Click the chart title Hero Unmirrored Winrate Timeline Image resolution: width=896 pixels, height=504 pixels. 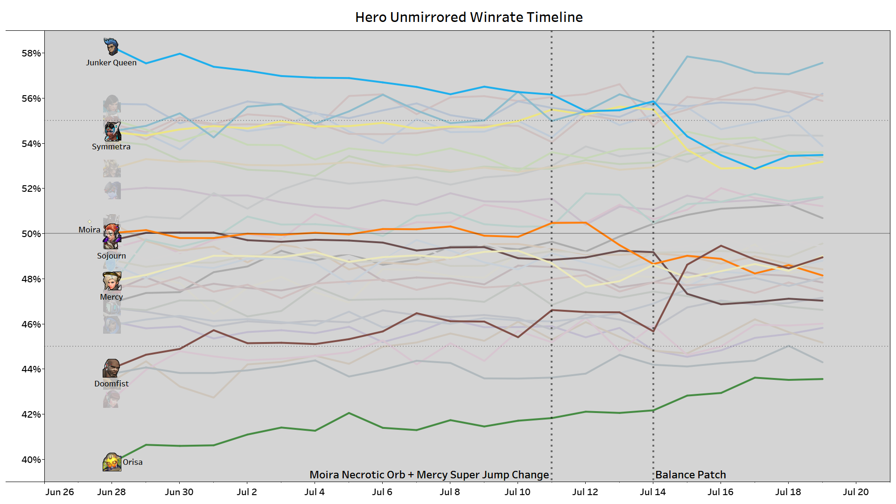(469, 17)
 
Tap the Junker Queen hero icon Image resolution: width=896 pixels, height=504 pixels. (111, 47)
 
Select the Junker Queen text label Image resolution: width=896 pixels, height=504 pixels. (111, 63)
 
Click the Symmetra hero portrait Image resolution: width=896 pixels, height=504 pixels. (112, 132)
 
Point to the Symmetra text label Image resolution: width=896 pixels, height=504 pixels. (111, 147)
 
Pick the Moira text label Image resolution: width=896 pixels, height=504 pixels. (89, 230)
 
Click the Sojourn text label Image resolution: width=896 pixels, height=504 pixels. (111, 256)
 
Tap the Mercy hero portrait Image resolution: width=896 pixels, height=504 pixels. (112, 281)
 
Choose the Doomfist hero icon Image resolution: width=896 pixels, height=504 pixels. (112, 368)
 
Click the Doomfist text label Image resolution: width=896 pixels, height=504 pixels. (111, 384)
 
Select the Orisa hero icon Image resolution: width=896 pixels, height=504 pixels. (112, 462)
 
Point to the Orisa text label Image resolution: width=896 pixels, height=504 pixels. (133, 462)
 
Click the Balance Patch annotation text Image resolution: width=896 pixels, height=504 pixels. (691, 475)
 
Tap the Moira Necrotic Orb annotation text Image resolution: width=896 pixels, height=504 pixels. (429, 475)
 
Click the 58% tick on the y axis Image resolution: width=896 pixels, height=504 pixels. (31, 53)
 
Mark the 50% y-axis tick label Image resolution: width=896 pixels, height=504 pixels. (31, 234)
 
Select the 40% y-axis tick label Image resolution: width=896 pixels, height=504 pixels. (31, 460)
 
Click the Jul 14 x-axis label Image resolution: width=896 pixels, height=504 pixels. (653, 492)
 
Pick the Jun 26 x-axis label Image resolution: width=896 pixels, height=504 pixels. (60, 492)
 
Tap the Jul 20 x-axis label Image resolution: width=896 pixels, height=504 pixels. (856, 492)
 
